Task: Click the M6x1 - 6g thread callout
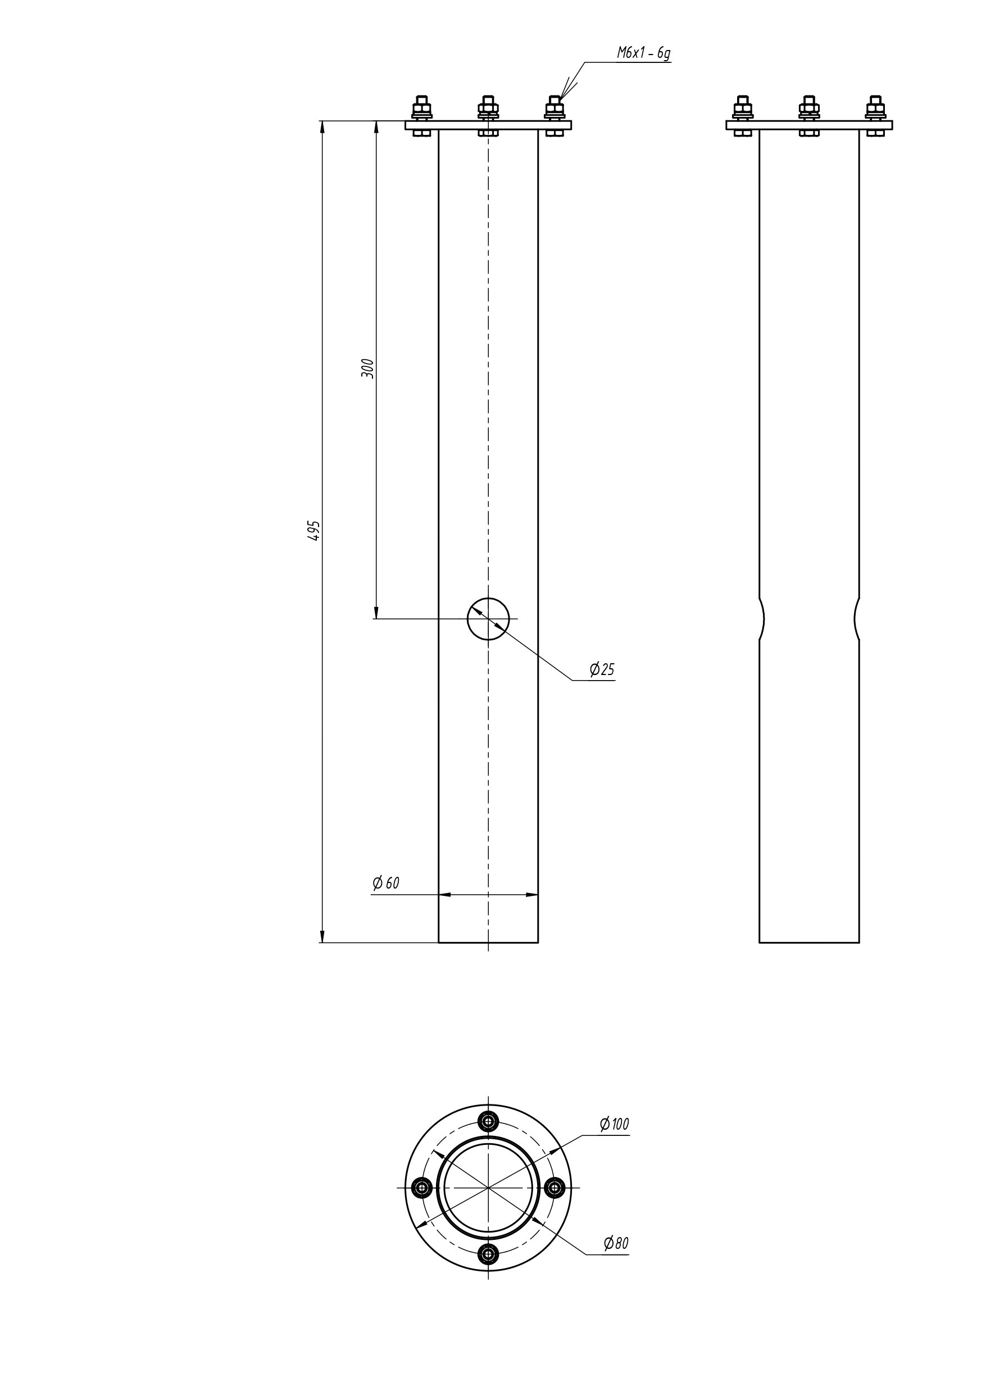click(x=643, y=53)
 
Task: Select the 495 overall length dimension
click(x=313, y=531)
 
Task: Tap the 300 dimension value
click(x=367, y=368)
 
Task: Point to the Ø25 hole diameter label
click(x=602, y=669)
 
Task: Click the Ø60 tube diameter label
click(x=386, y=883)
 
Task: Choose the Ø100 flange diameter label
click(x=614, y=1124)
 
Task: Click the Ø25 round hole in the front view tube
click(x=488, y=618)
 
